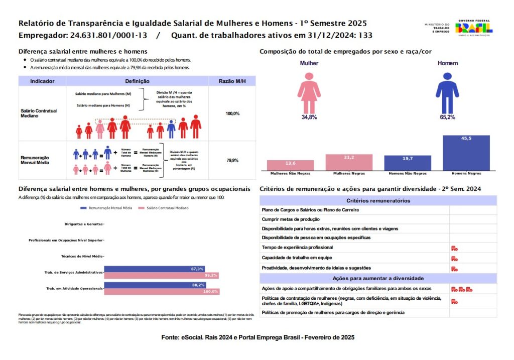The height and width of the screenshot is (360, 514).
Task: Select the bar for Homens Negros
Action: click(466, 153)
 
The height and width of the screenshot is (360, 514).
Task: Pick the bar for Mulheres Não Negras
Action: click(290, 165)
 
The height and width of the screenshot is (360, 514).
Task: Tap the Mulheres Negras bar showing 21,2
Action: click(349, 162)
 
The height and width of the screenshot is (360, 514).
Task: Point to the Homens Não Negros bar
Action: click(408, 163)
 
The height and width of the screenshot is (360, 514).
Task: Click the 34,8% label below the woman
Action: click(309, 117)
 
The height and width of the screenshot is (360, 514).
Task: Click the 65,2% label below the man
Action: click(448, 117)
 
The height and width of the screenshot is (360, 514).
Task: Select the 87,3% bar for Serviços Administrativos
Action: click(155, 269)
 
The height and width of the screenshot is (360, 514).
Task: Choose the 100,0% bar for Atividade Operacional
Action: click(162, 292)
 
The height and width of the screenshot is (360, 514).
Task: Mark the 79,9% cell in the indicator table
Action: click(232, 161)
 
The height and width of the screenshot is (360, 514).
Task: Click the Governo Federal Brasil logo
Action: click(474, 28)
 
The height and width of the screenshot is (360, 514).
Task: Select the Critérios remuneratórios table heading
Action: click(378, 200)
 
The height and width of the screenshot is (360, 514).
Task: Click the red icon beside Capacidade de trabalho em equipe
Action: click(454, 258)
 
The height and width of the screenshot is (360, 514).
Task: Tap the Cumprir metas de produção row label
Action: click(290, 219)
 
